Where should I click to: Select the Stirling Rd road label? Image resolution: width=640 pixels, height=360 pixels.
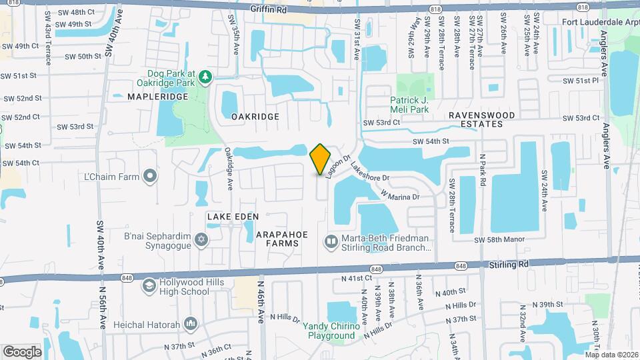tap(508, 264)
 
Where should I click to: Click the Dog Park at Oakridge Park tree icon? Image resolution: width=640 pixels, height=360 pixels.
tap(206, 78)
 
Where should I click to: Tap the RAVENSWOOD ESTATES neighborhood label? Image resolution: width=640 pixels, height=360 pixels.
tap(482, 119)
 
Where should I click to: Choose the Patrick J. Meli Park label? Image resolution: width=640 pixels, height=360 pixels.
tap(409, 105)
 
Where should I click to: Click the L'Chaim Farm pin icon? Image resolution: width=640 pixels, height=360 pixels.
tap(151, 176)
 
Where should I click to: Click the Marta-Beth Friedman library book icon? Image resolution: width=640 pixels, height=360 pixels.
tap(331, 240)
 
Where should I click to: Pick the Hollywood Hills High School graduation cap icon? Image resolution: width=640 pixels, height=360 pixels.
tap(151, 287)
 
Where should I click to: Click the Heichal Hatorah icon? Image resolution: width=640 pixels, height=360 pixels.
tap(192, 323)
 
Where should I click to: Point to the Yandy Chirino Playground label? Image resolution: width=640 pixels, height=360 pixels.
tap(331, 331)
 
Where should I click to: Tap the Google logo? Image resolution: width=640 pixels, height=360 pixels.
tap(23, 351)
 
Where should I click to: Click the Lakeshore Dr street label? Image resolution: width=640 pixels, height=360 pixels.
tap(369, 175)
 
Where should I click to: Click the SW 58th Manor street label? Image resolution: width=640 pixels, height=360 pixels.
tap(499, 239)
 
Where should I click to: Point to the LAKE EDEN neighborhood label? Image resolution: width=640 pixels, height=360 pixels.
tap(233, 217)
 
